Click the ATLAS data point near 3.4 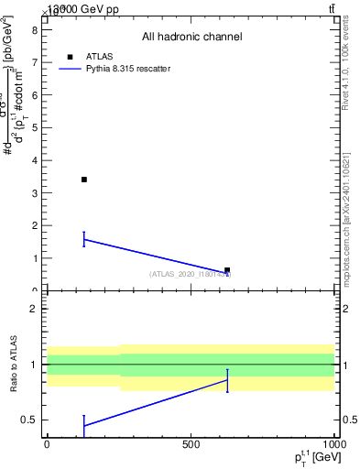coord(83,180)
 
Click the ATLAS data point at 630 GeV coord(227,270)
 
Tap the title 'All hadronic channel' coord(191,37)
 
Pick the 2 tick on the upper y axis coord(33,225)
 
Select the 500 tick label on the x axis coord(191,443)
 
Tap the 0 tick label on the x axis coord(47,443)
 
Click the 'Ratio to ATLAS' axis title coord(14,364)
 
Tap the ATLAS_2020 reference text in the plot coord(191,274)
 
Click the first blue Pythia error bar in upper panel coord(83,239)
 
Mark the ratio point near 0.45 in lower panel coord(83,425)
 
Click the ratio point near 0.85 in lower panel coord(227,380)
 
